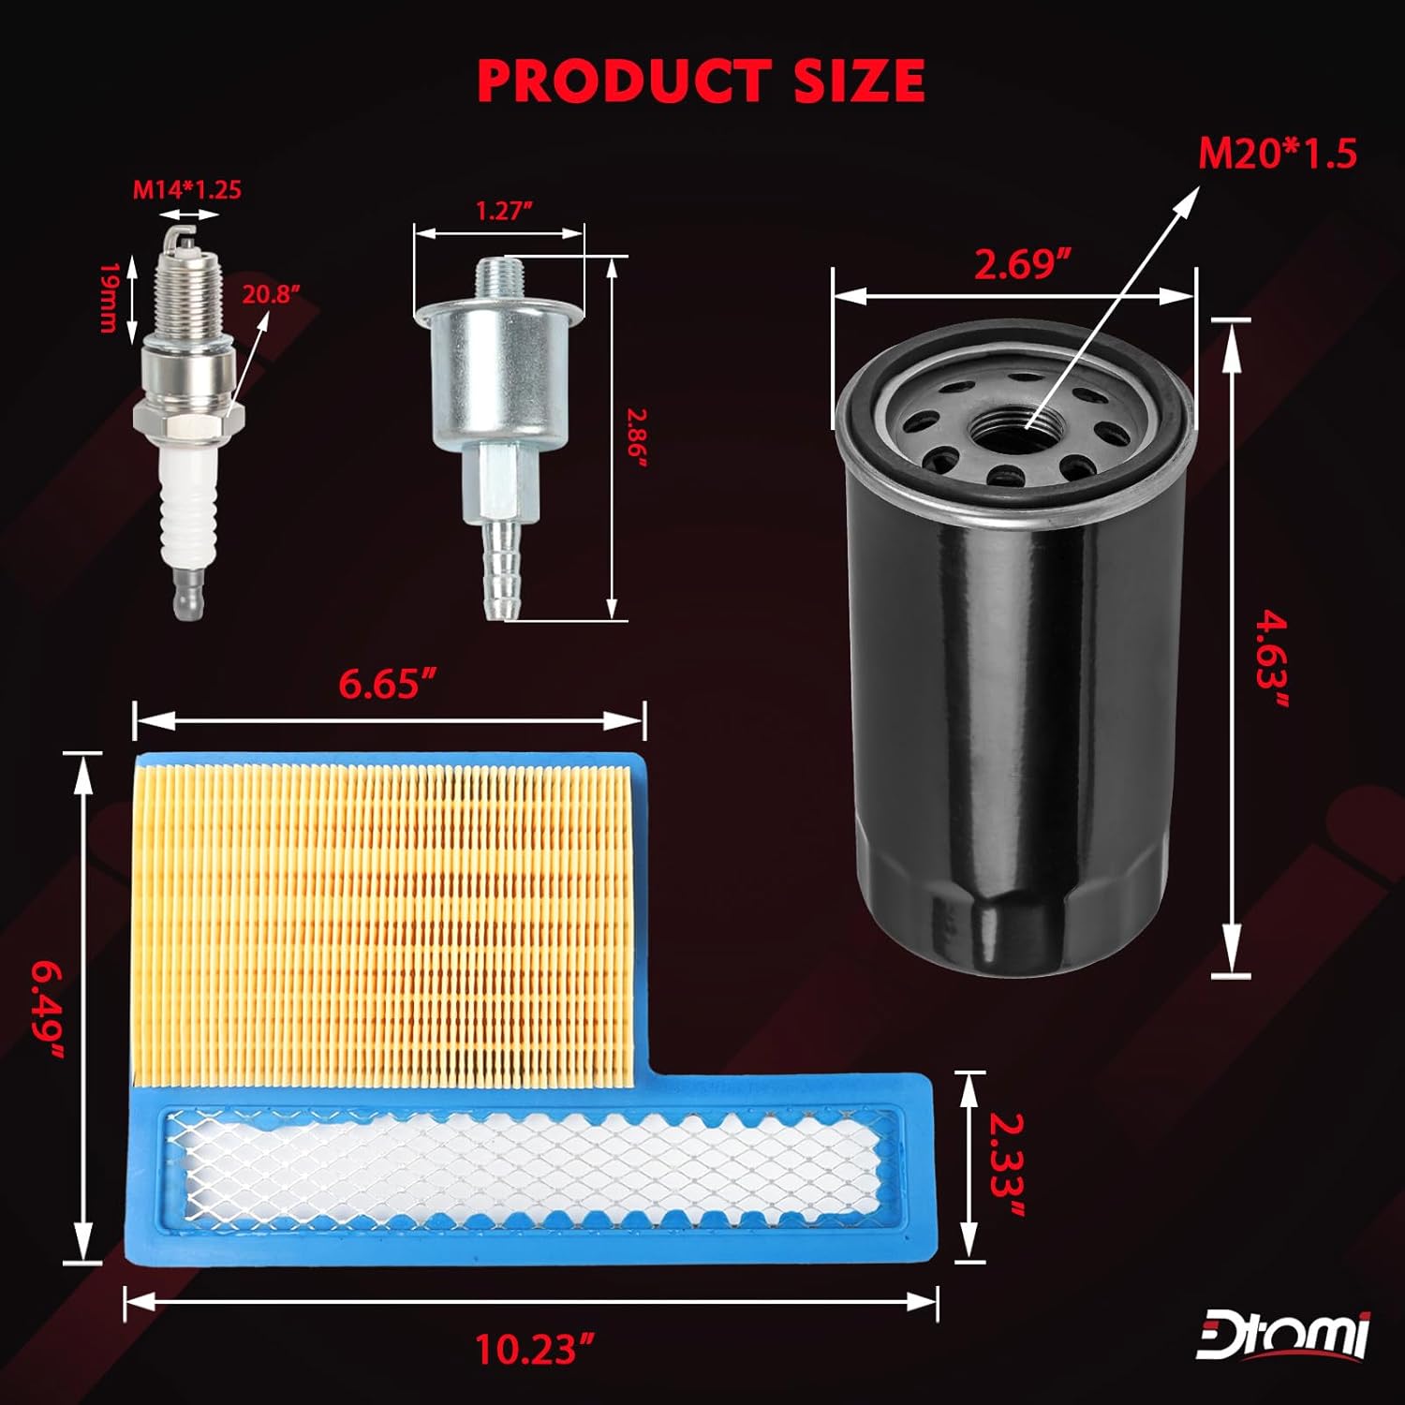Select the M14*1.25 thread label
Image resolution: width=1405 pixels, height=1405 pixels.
pos(186,190)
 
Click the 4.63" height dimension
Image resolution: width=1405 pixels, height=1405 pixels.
pos(1270,660)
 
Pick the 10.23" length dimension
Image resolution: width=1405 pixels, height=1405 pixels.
pos(535,1350)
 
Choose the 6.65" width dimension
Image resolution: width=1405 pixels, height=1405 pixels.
pos(391,685)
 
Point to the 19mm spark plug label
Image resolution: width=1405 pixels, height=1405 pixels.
pos(108,297)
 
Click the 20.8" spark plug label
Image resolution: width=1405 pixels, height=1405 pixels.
pos(272,294)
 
